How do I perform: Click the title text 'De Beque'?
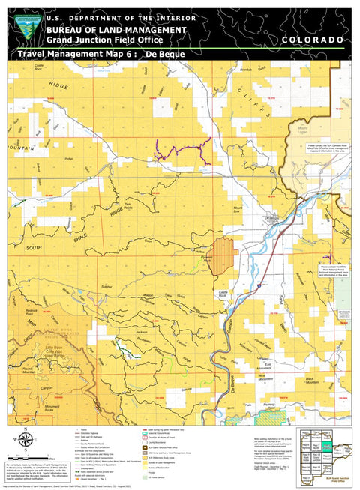[165, 55]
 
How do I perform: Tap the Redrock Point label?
[31, 312]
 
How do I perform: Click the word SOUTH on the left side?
[34, 247]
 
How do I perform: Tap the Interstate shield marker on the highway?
[257, 284]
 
